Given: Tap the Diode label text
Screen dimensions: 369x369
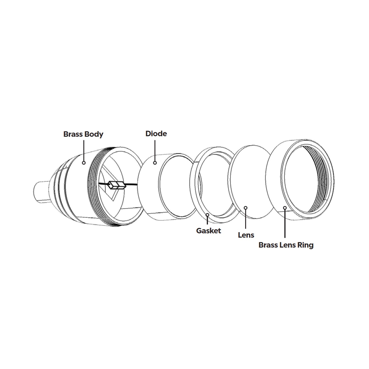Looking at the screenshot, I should coord(156,134).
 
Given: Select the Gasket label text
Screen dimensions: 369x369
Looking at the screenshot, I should coord(208,231).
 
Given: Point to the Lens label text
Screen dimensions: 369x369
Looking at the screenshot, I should coord(246,235).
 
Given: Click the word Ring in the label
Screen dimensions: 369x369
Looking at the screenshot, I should coord(305,245).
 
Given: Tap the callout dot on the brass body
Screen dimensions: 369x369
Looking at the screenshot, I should coord(84,163).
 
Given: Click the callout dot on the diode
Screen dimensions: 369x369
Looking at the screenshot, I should coord(155,163).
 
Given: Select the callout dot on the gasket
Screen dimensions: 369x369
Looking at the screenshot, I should coord(207,215).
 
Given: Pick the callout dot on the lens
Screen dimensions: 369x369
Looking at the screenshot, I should coord(246,208).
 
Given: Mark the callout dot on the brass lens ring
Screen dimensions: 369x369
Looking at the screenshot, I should coord(285,208).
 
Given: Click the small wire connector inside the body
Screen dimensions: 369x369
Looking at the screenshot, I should coord(116,185).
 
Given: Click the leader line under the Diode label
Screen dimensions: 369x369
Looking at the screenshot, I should coord(155,151).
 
